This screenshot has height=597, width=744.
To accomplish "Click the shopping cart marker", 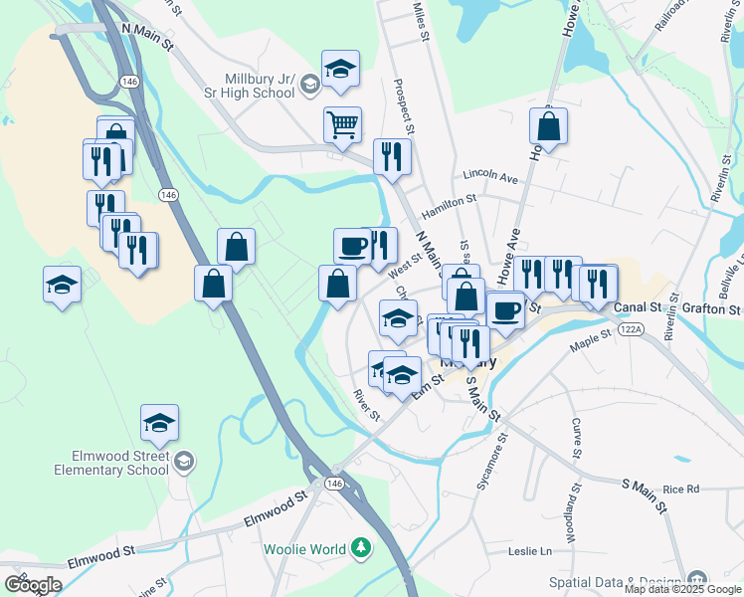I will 341,126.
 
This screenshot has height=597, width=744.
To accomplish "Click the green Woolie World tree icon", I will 361,548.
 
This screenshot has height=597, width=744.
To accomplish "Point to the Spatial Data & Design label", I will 626,581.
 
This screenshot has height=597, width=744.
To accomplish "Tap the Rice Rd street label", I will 681,489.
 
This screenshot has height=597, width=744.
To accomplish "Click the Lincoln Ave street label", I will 491,178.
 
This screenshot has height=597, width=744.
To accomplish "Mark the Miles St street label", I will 421,20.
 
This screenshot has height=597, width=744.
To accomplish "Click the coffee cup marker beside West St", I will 353,245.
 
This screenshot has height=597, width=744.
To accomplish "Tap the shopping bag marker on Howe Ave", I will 548,126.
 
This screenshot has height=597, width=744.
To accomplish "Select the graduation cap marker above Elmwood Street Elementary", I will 159,423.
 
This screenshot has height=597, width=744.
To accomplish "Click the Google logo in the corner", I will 33,584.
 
